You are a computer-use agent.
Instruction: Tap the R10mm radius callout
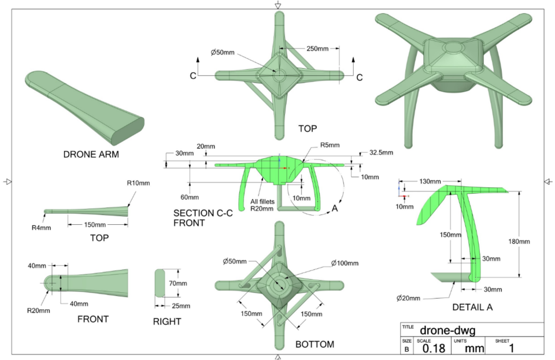pyautogui.click(x=138, y=183)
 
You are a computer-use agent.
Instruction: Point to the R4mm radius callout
pyautogui.click(x=39, y=227)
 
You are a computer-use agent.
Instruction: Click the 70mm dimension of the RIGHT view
pyautogui.click(x=178, y=283)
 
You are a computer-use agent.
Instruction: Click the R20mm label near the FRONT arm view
pyautogui.click(x=38, y=310)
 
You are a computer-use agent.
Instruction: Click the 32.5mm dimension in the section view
pyautogui.click(x=381, y=153)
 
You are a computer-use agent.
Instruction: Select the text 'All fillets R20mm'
pyautogui.click(x=261, y=205)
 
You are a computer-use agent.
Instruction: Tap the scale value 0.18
pyautogui.click(x=433, y=348)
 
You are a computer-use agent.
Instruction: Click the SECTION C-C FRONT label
pyautogui.click(x=197, y=218)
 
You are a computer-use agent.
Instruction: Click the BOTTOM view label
pyautogui.click(x=314, y=344)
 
